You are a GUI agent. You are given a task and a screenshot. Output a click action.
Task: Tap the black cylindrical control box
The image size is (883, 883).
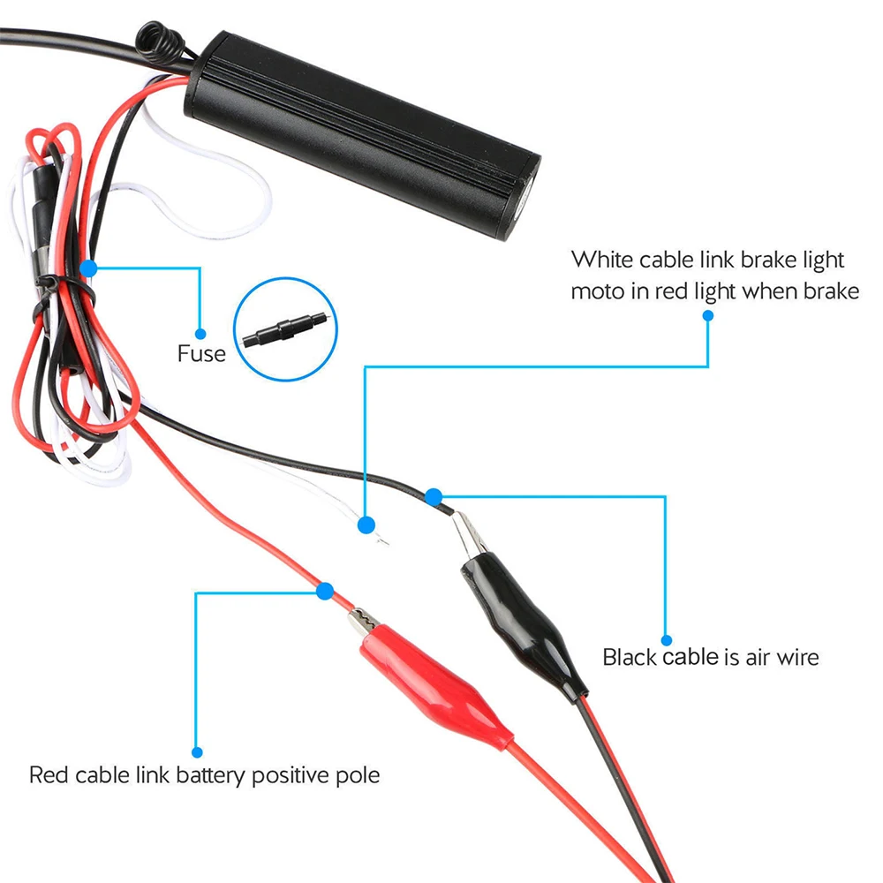(362, 132)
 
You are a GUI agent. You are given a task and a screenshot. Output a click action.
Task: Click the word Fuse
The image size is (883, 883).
(201, 355)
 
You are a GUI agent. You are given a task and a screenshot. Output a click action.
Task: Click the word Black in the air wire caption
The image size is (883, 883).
(630, 657)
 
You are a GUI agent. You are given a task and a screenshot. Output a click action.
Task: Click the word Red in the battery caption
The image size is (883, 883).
(48, 775)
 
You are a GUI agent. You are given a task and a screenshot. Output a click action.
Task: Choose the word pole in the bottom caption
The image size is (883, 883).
(360, 775)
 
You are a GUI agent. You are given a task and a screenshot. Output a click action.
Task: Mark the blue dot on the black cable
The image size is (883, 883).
(433, 497)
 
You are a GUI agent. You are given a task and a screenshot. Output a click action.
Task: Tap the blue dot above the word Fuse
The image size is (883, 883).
(200, 334)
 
